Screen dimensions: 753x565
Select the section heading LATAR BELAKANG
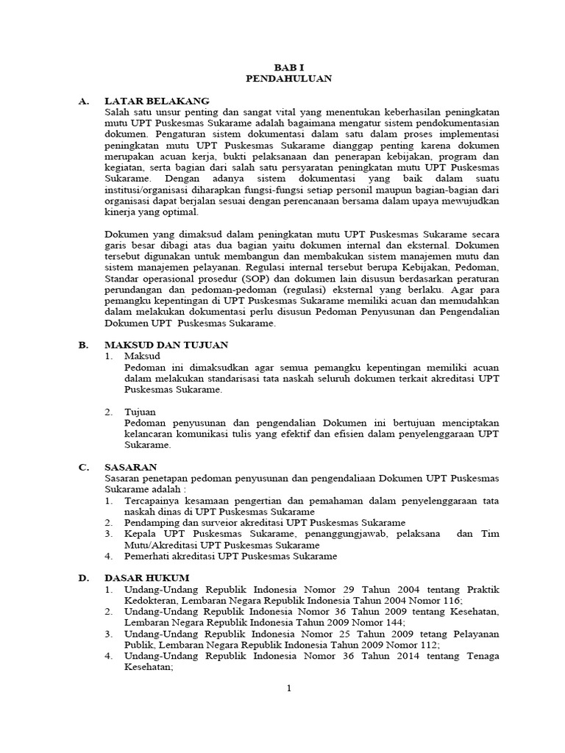pos(157,100)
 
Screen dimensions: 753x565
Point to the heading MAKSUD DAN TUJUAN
pos(166,344)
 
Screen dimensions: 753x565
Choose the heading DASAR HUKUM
pos(146,578)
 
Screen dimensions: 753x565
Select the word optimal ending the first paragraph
pos(180,212)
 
